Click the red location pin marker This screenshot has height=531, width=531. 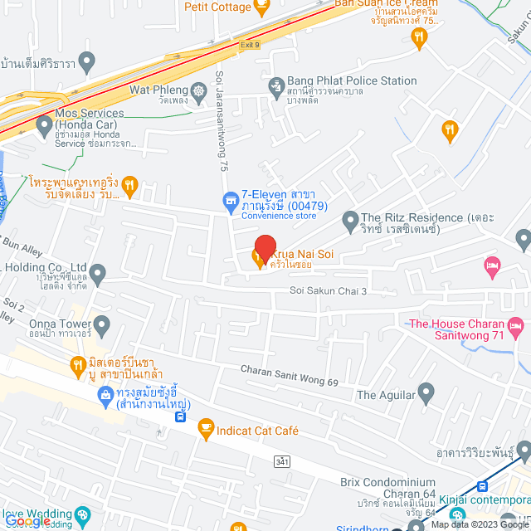pyautogui.click(x=265, y=246)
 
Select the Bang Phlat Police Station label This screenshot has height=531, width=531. pyautogui.click(x=352, y=81)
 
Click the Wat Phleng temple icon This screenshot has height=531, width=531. pyautogui.click(x=198, y=90)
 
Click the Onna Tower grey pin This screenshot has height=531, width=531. pyautogui.click(x=102, y=324)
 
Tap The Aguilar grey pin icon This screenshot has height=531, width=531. pyautogui.click(x=426, y=391)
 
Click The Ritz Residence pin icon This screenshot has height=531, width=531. pyautogui.click(x=348, y=218)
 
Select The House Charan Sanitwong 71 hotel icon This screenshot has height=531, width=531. pyautogui.click(x=515, y=324)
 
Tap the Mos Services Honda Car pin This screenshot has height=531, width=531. pyautogui.click(x=44, y=127)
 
